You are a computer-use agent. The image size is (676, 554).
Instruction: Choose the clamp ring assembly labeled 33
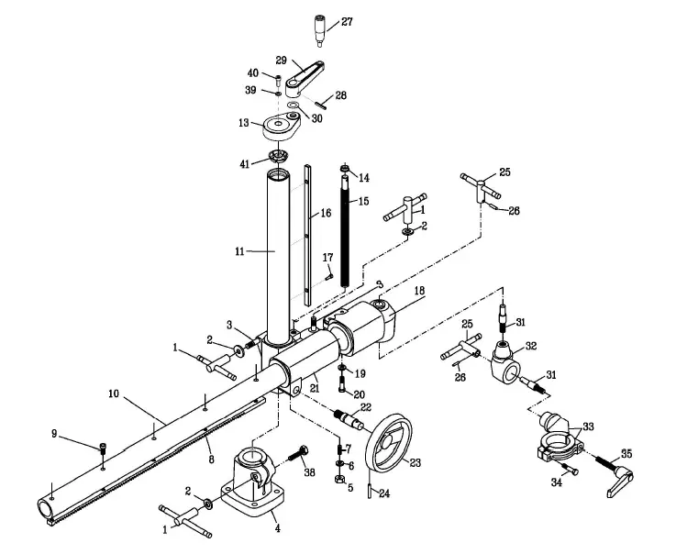pos(557,438)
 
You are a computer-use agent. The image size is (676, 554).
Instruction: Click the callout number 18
pos(419,290)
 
